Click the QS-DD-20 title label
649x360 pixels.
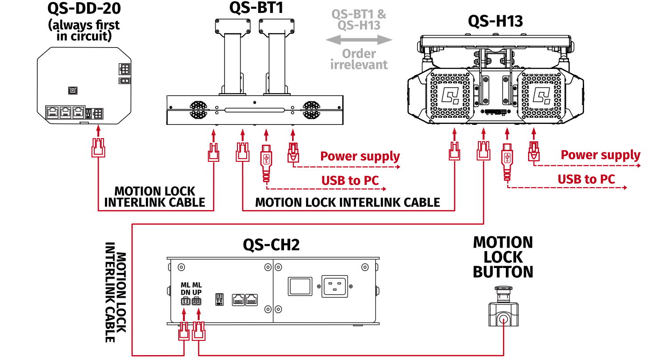(x=84, y=8)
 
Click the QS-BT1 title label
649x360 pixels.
(x=256, y=8)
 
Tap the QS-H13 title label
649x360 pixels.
(x=495, y=21)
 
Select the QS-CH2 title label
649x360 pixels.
(x=271, y=245)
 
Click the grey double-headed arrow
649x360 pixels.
(x=359, y=40)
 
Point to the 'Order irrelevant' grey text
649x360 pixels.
(x=359, y=59)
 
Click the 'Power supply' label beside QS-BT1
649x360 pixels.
(x=360, y=156)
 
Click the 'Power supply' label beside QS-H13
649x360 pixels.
(x=600, y=155)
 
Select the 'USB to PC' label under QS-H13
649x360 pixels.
(x=586, y=179)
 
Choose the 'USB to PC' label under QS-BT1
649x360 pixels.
(x=350, y=180)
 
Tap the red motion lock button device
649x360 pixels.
(x=503, y=307)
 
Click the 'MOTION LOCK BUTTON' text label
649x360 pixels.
(x=503, y=257)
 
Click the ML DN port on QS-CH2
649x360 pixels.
(x=184, y=302)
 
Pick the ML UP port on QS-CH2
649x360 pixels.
(x=196, y=302)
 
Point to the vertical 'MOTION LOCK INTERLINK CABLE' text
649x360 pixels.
(x=116, y=292)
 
